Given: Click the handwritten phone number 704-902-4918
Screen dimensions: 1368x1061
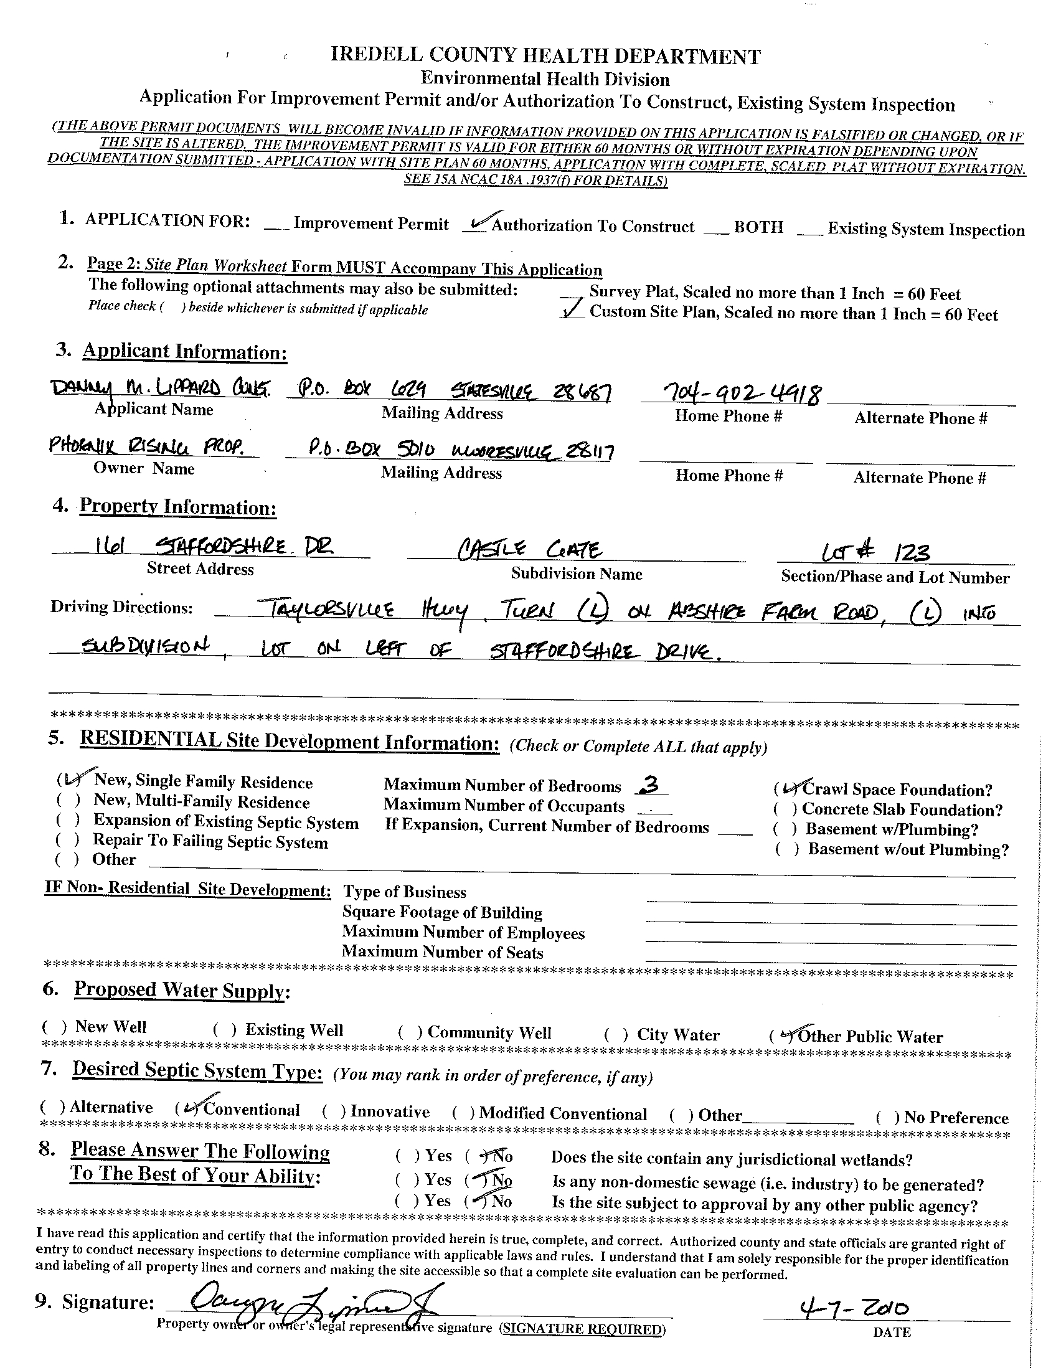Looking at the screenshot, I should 732,394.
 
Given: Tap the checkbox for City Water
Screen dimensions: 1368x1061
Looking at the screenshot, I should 616,1035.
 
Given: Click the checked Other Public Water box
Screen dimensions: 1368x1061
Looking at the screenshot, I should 782,1036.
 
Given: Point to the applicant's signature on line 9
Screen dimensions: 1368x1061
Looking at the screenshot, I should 307,1302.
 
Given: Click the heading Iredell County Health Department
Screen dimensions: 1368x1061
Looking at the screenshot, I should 545,57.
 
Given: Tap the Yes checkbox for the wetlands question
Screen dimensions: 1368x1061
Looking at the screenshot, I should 408,1154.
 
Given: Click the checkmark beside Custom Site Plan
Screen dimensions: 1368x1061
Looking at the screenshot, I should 573,310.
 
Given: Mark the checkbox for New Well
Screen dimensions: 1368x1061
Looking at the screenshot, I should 54,1027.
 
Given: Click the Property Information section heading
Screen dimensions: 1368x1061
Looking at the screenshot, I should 177,507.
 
